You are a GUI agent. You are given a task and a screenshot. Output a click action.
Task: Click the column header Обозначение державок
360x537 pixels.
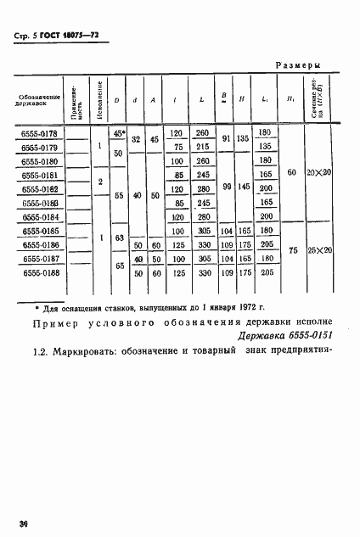pos(39,101)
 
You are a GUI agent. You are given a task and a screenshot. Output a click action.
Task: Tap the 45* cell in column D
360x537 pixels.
pos(119,133)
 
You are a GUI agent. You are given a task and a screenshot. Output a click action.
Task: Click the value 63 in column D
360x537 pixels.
pos(119,238)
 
